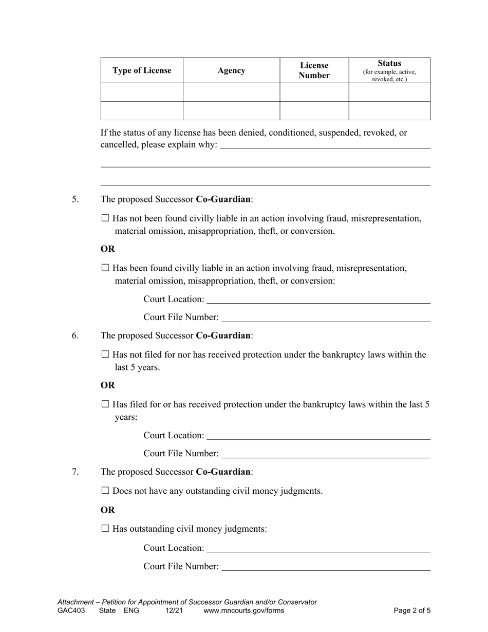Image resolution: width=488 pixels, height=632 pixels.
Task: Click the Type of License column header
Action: (142, 70)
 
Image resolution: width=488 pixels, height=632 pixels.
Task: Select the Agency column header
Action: (231, 70)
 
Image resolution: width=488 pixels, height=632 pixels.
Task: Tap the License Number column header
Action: (314, 70)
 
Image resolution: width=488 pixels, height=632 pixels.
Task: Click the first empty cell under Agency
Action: (231, 92)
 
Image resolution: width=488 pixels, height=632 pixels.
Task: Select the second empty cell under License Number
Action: (314, 110)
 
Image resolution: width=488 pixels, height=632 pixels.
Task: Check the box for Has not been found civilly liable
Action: (106, 218)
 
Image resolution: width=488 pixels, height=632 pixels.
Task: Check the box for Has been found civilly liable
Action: (106, 268)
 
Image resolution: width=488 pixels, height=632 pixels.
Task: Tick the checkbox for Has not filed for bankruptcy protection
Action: (106, 355)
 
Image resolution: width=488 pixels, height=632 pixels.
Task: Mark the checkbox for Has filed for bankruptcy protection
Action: (106, 404)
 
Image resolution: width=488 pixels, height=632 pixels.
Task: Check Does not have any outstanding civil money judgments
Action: (106, 491)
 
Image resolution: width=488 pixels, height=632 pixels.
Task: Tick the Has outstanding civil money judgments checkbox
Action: (106, 528)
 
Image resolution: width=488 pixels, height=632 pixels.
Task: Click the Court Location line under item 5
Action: (318, 300)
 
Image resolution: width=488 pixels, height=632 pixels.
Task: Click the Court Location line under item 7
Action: (318, 548)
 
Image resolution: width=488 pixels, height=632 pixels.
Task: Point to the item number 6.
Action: (76, 336)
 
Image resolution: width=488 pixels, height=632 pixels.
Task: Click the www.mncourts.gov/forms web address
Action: (243, 611)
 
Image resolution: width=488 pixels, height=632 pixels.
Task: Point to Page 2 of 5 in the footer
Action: (412, 611)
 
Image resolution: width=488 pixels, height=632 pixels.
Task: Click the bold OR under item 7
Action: (108, 510)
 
